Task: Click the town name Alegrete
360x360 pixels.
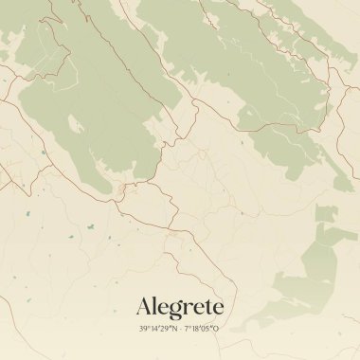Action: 180,307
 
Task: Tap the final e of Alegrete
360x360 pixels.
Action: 218,309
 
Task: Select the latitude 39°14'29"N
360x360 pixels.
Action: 158,329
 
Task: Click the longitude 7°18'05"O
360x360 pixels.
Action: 202,329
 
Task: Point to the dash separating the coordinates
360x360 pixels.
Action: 180,329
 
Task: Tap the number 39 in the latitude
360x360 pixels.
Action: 143,329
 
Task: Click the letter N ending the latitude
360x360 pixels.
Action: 174,329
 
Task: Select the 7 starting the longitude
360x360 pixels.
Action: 187,329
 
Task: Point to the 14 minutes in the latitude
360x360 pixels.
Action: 154,329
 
